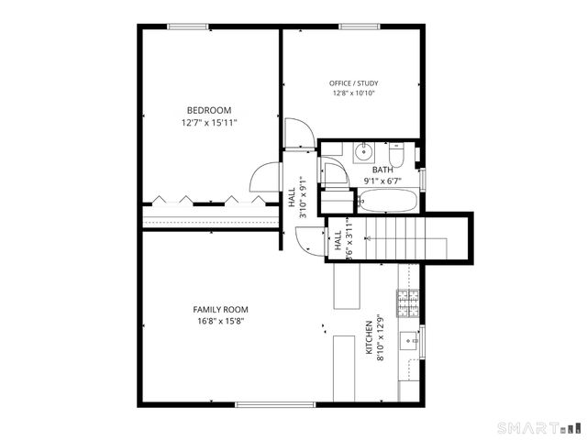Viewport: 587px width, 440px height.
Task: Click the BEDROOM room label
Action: point(209,110)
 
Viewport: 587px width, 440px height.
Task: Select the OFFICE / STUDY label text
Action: point(354,83)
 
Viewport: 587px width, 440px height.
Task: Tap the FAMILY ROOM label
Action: point(220,310)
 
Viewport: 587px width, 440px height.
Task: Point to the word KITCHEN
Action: point(370,337)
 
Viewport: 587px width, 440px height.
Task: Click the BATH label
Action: point(382,170)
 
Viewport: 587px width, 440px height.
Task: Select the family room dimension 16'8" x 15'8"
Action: point(220,322)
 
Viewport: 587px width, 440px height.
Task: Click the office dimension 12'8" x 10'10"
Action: point(354,93)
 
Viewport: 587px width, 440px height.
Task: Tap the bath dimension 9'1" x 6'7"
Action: point(382,181)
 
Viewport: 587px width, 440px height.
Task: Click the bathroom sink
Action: point(360,151)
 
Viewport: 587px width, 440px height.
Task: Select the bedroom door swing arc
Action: point(263,177)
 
